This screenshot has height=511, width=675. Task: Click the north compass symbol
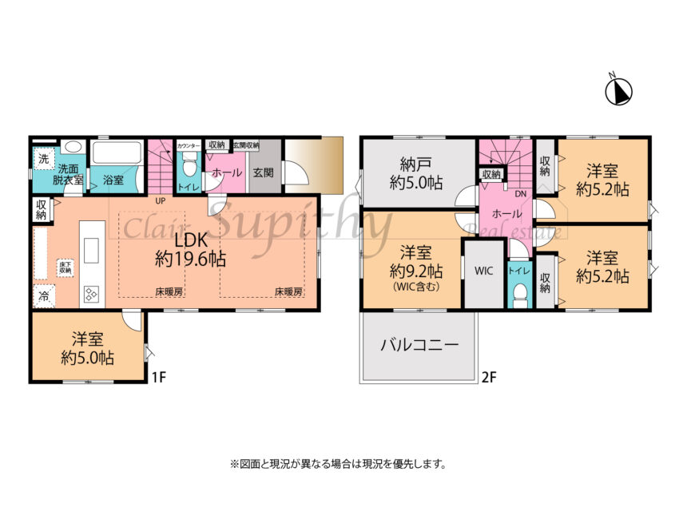tap(618, 91)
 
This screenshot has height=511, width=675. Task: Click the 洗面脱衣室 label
tap(67, 175)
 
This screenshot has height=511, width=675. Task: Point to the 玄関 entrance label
tap(264, 172)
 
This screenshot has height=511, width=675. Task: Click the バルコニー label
tap(419, 346)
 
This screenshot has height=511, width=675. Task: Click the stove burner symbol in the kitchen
tap(90, 294)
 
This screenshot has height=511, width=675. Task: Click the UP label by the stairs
tap(160, 200)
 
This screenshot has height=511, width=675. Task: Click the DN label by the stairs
tap(520, 193)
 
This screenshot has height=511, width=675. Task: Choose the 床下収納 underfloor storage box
tap(65, 267)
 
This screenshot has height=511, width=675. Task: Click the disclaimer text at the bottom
tap(337, 463)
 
